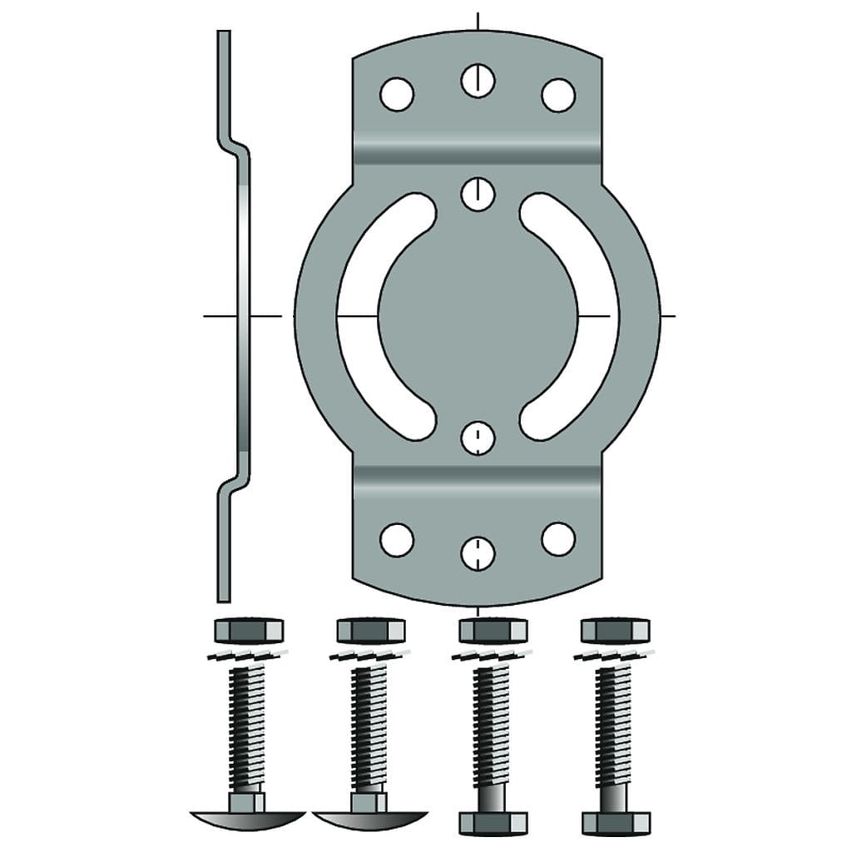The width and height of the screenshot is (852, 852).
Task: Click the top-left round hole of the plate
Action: coord(397,94)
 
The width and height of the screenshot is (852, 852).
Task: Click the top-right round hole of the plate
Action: coord(558,94)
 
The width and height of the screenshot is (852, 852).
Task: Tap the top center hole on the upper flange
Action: coord(478,80)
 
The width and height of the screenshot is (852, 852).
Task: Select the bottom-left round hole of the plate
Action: coord(397,539)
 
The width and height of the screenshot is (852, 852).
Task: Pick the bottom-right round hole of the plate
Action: coord(558,539)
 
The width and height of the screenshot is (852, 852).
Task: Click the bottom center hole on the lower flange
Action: coord(478,553)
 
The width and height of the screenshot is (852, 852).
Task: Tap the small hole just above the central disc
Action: coord(478,194)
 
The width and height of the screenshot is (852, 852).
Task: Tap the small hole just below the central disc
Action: coord(478,438)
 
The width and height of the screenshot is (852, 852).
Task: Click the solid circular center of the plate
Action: coord(478,316)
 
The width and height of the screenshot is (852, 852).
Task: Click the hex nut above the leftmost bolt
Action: coord(249,631)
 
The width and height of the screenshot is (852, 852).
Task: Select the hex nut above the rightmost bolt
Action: coord(616,631)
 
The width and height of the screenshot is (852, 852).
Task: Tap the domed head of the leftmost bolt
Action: coord(248,820)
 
